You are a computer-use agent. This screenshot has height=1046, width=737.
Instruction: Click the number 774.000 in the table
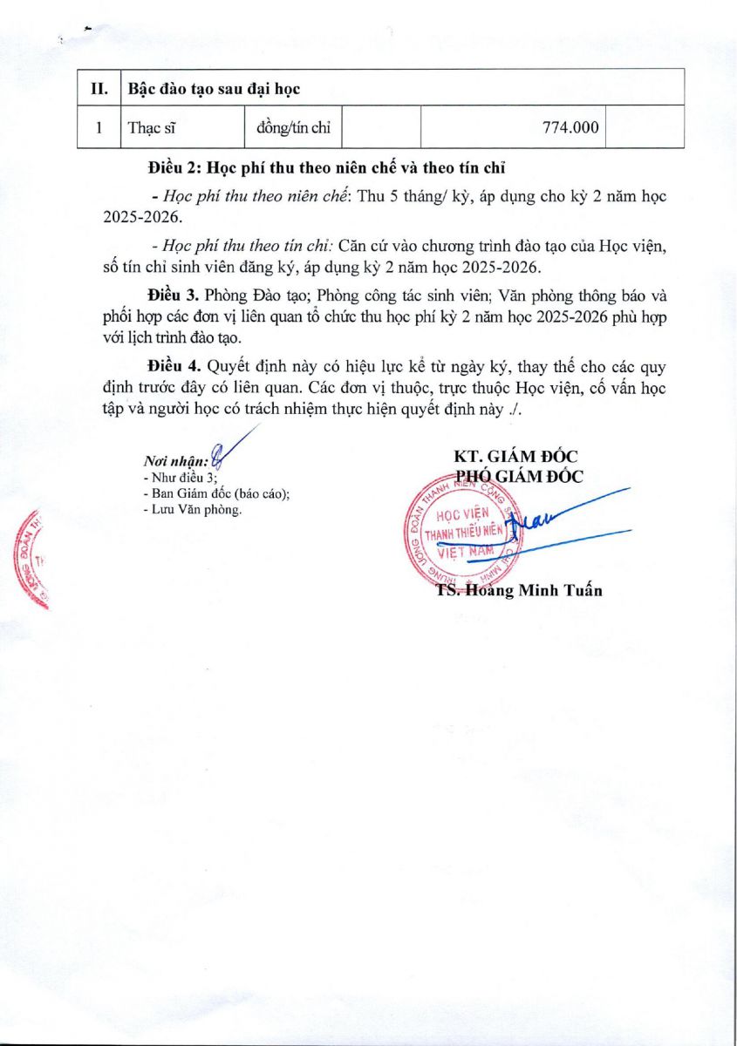(570, 127)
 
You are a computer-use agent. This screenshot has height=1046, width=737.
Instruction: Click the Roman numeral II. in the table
(98, 88)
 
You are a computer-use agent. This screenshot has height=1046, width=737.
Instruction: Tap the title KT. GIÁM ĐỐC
(516, 457)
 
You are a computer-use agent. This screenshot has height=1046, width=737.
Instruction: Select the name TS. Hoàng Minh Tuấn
(519, 590)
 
